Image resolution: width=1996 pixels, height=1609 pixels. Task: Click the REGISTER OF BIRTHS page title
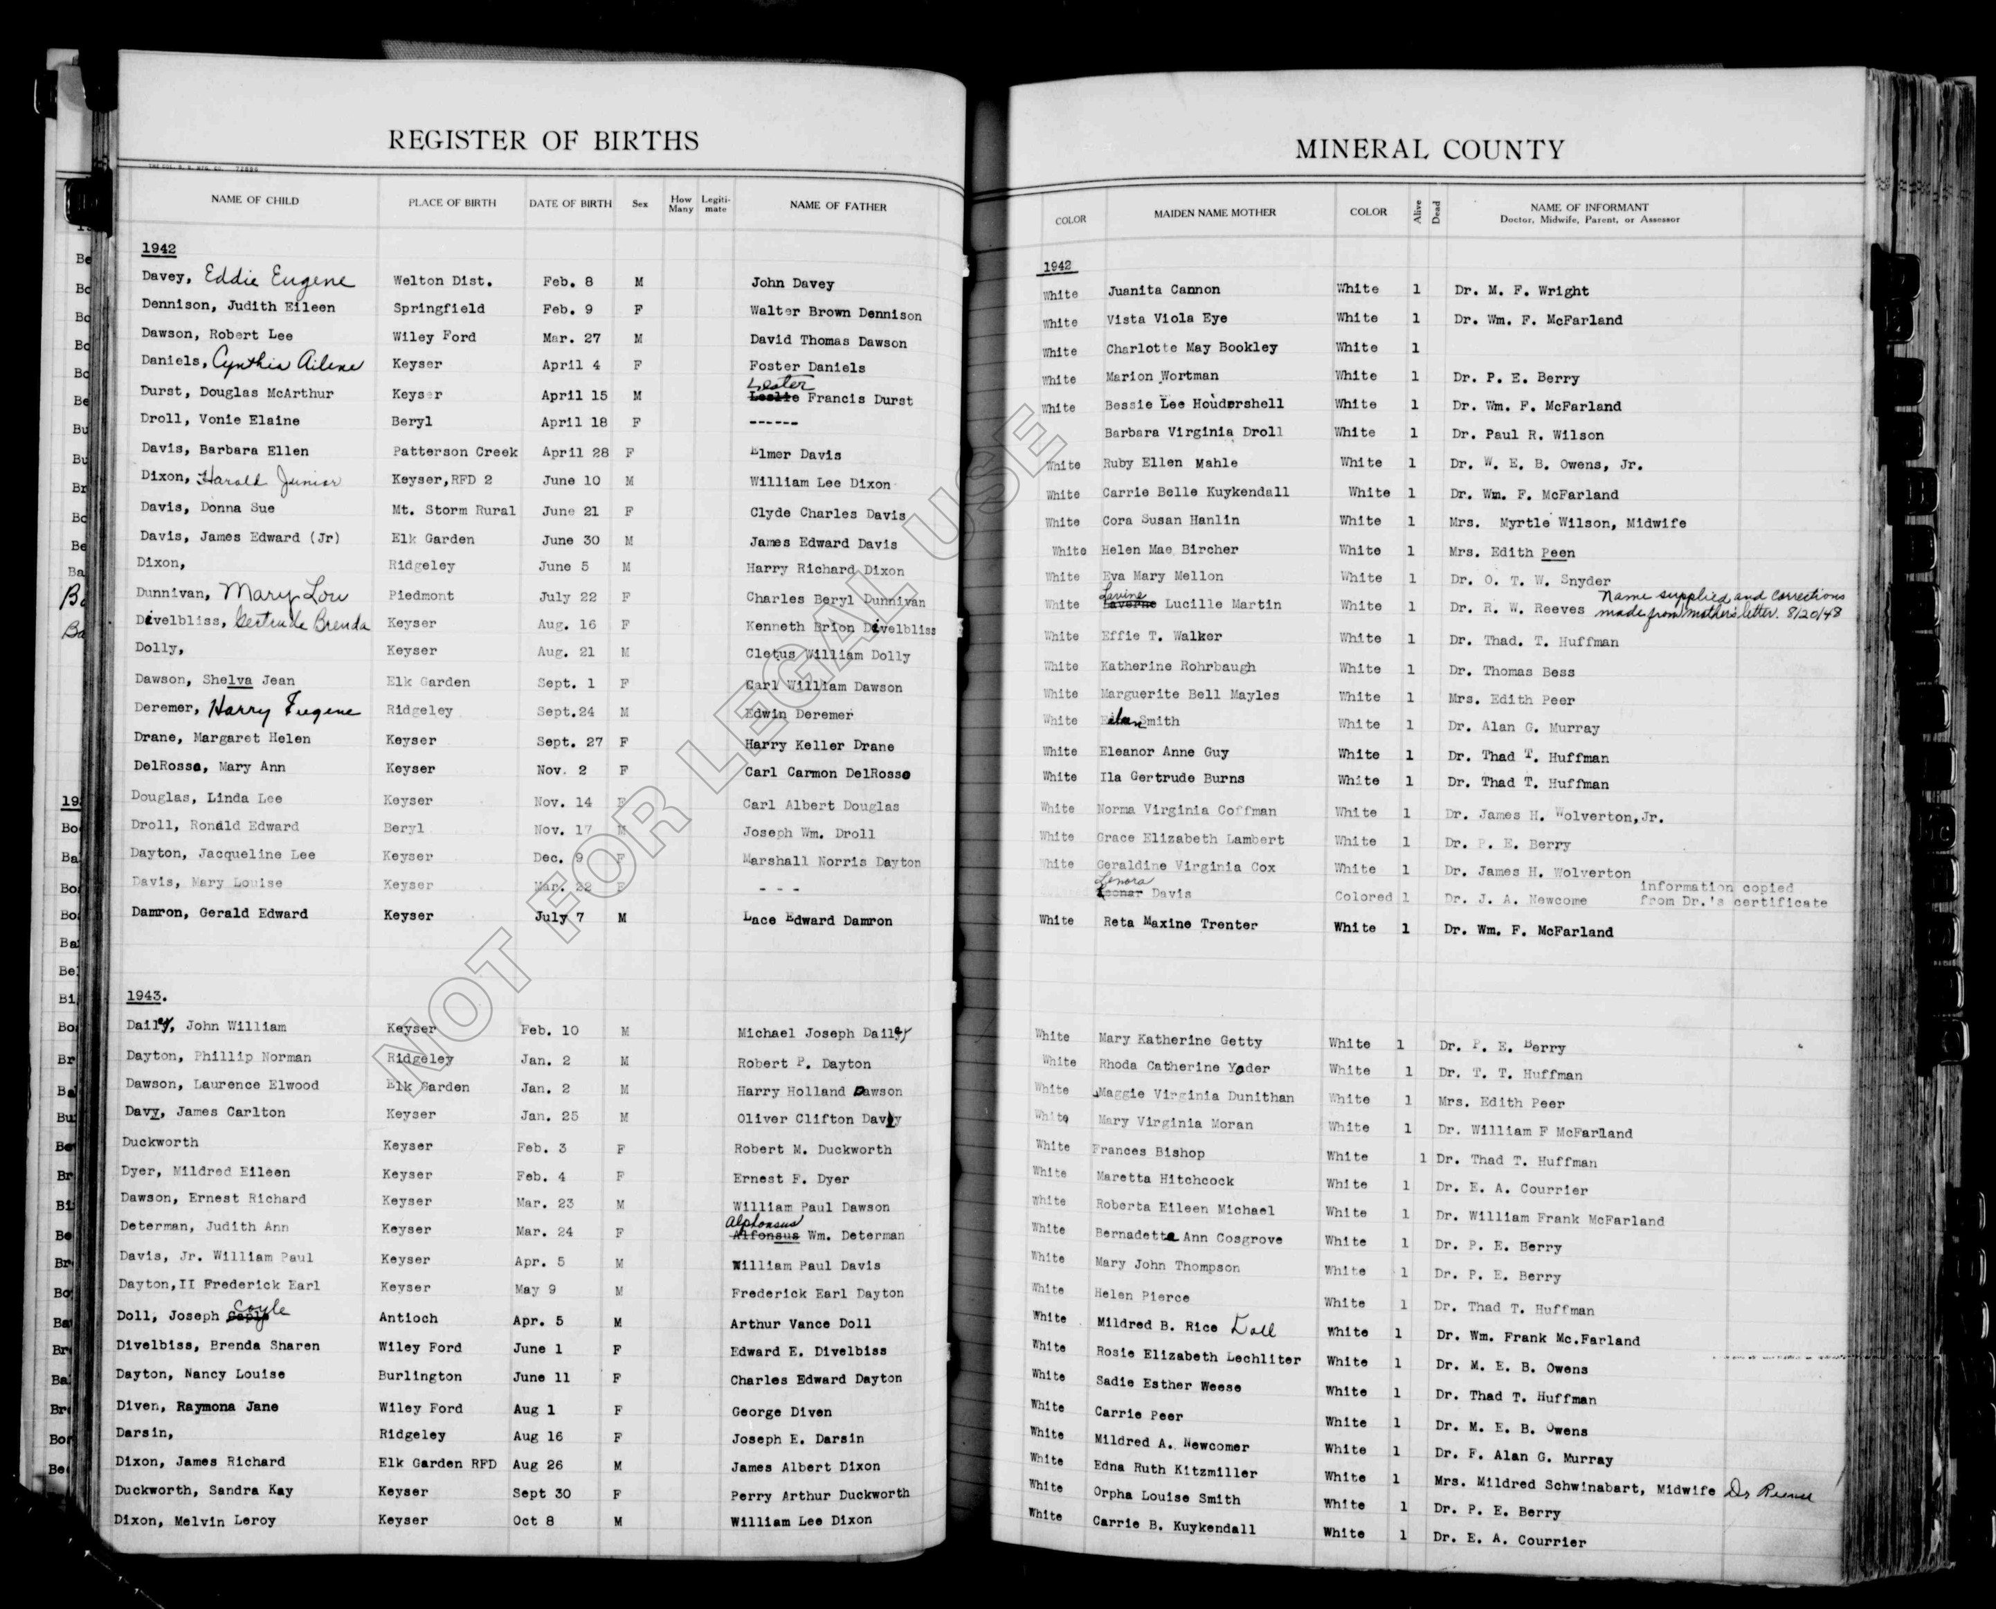[x=543, y=141]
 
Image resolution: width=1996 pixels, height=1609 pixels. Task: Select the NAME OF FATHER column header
[x=837, y=206]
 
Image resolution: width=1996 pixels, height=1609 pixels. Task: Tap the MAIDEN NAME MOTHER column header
[x=1215, y=213]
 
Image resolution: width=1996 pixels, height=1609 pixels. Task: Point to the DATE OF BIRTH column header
[x=570, y=203]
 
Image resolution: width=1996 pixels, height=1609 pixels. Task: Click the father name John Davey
[x=792, y=284]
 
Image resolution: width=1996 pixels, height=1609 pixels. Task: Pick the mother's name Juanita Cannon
[x=1163, y=290]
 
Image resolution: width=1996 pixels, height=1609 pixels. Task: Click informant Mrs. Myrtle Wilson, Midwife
[x=1567, y=523]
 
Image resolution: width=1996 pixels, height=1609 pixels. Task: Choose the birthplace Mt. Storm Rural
[x=453, y=510]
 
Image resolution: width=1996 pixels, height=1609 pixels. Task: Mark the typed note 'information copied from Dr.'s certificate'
[x=1733, y=894]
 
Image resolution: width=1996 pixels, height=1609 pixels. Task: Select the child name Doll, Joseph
[x=167, y=1315]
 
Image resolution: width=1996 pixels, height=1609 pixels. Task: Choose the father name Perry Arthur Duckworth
[x=819, y=1493]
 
